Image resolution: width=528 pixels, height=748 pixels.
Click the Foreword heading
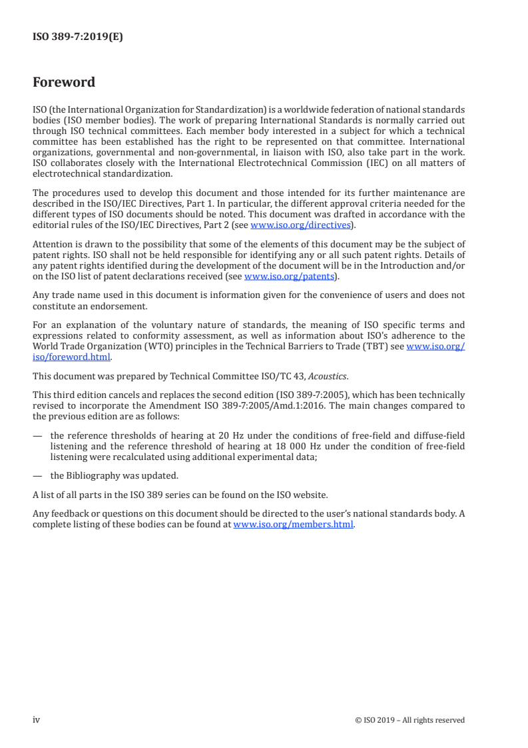64,83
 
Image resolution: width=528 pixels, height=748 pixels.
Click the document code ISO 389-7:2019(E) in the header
78,37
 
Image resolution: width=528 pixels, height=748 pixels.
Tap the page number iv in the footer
37,719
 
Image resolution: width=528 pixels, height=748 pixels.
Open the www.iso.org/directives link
300,225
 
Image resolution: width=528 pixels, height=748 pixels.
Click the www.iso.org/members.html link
293,524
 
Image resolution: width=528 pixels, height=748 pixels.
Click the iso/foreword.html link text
71,357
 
